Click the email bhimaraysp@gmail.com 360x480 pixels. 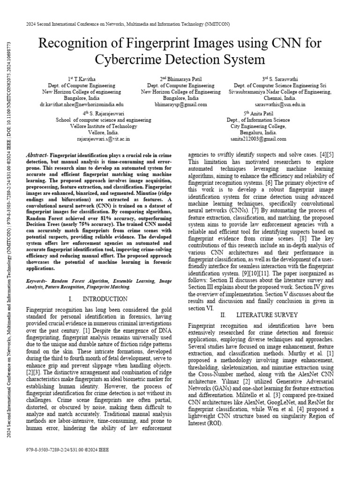click(180, 105)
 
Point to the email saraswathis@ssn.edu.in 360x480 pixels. click(280, 105)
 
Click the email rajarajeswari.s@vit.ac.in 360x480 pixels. click(104, 139)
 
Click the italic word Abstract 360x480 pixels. click(37, 155)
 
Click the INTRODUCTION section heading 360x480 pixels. click(105, 299)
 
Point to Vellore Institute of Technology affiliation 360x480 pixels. click(104, 126)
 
